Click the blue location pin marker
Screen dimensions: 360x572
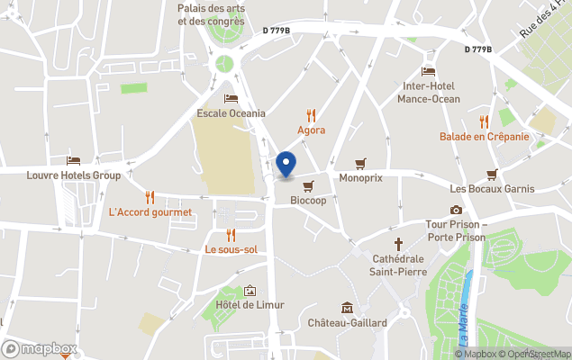pos(286,164)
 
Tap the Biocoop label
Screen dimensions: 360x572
pos(307,202)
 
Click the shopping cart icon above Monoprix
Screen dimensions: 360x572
pos(361,164)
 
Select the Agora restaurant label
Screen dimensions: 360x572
pos(312,130)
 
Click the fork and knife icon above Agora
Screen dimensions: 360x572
pos(312,114)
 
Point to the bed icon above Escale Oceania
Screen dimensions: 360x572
pos(232,98)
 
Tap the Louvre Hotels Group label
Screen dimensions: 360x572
pos(74,175)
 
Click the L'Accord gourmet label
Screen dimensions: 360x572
pos(150,212)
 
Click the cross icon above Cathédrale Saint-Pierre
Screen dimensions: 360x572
pos(398,243)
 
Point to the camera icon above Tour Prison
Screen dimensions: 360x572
pos(456,210)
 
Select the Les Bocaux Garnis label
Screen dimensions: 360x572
pos(492,189)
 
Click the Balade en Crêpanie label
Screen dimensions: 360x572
pos(484,137)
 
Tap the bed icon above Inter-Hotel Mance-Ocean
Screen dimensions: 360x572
pos(429,71)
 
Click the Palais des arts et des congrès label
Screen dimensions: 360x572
pos(211,13)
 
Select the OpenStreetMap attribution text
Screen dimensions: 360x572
pos(539,354)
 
